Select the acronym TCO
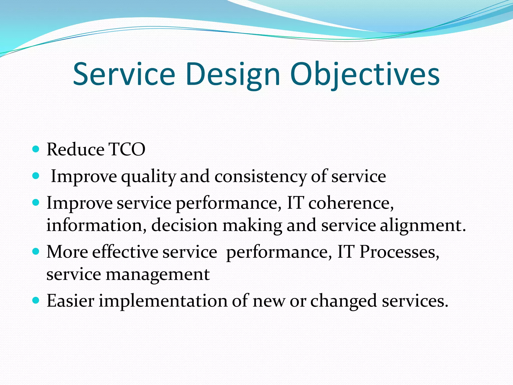pyautogui.click(x=127, y=149)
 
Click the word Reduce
pyautogui.click(x=75, y=149)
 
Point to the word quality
pyautogui.click(x=148, y=176)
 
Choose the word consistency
pyautogui.click(x=260, y=176)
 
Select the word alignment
pyautogui.click(x=423, y=225)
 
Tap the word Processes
pyautogui.click(x=399, y=252)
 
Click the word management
pyautogui.click(x=158, y=274)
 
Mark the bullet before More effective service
pyautogui.click(x=36, y=251)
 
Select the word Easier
pyautogui.click(x=70, y=301)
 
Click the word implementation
pyautogui.click(x=163, y=301)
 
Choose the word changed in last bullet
pyautogui.click(x=343, y=301)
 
